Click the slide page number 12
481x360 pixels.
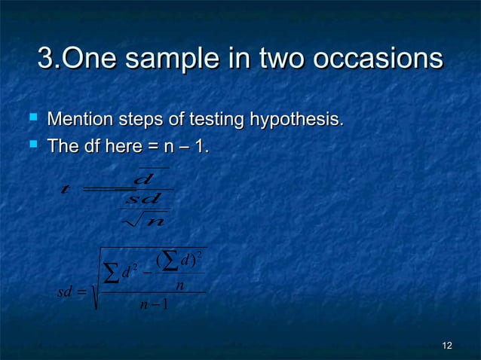pos(447,346)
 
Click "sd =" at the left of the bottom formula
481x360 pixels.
pos(72,293)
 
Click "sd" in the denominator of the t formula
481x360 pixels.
pos(142,200)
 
